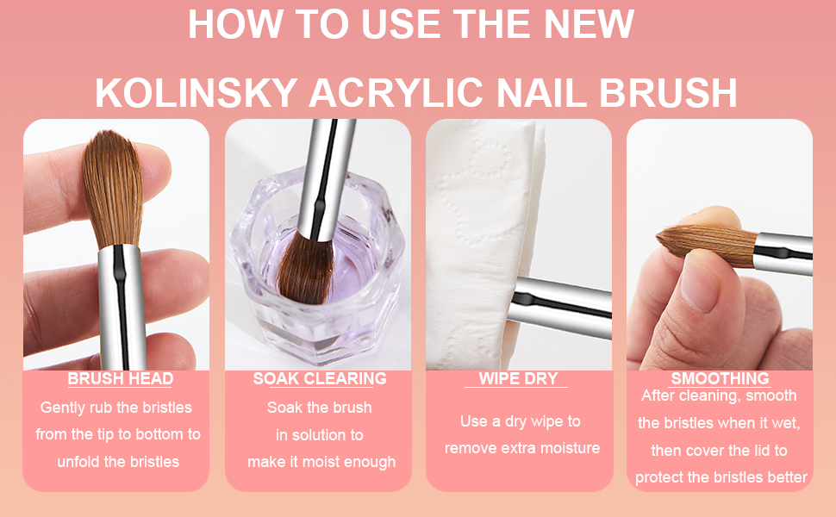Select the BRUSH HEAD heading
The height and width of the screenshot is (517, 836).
click(120, 379)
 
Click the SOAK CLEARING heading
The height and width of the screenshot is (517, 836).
click(320, 379)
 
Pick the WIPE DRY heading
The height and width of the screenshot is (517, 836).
click(518, 379)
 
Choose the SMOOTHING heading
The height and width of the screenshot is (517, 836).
click(720, 379)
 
